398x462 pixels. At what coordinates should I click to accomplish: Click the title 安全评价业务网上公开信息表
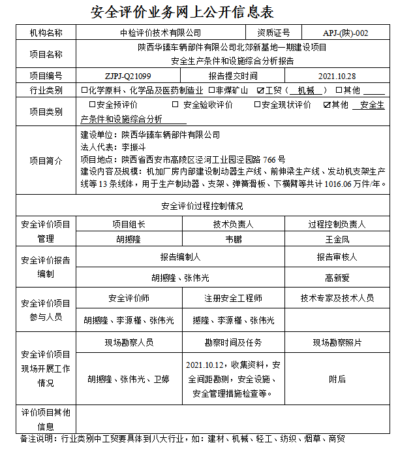click(x=183, y=12)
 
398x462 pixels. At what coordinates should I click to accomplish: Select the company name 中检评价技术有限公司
click(x=161, y=33)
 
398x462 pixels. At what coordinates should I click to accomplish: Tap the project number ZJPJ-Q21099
click(x=128, y=76)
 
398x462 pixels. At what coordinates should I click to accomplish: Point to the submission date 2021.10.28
click(x=337, y=76)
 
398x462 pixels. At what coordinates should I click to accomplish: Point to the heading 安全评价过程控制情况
click(x=202, y=206)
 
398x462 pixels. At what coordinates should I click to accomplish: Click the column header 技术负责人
click(x=233, y=224)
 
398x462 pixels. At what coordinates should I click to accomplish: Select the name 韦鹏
click(x=233, y=240)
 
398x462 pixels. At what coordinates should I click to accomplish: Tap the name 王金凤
click(x=337, y=240)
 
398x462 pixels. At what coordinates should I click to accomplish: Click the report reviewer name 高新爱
click(x=337, y=278)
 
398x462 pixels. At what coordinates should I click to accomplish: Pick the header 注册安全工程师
click(x=233, y=298)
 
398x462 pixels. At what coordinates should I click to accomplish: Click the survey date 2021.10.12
click(x=205, y=364)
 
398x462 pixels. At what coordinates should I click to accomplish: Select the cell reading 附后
click(x=337, y=378)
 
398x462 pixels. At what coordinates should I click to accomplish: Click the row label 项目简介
click(x=46, y=161)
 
